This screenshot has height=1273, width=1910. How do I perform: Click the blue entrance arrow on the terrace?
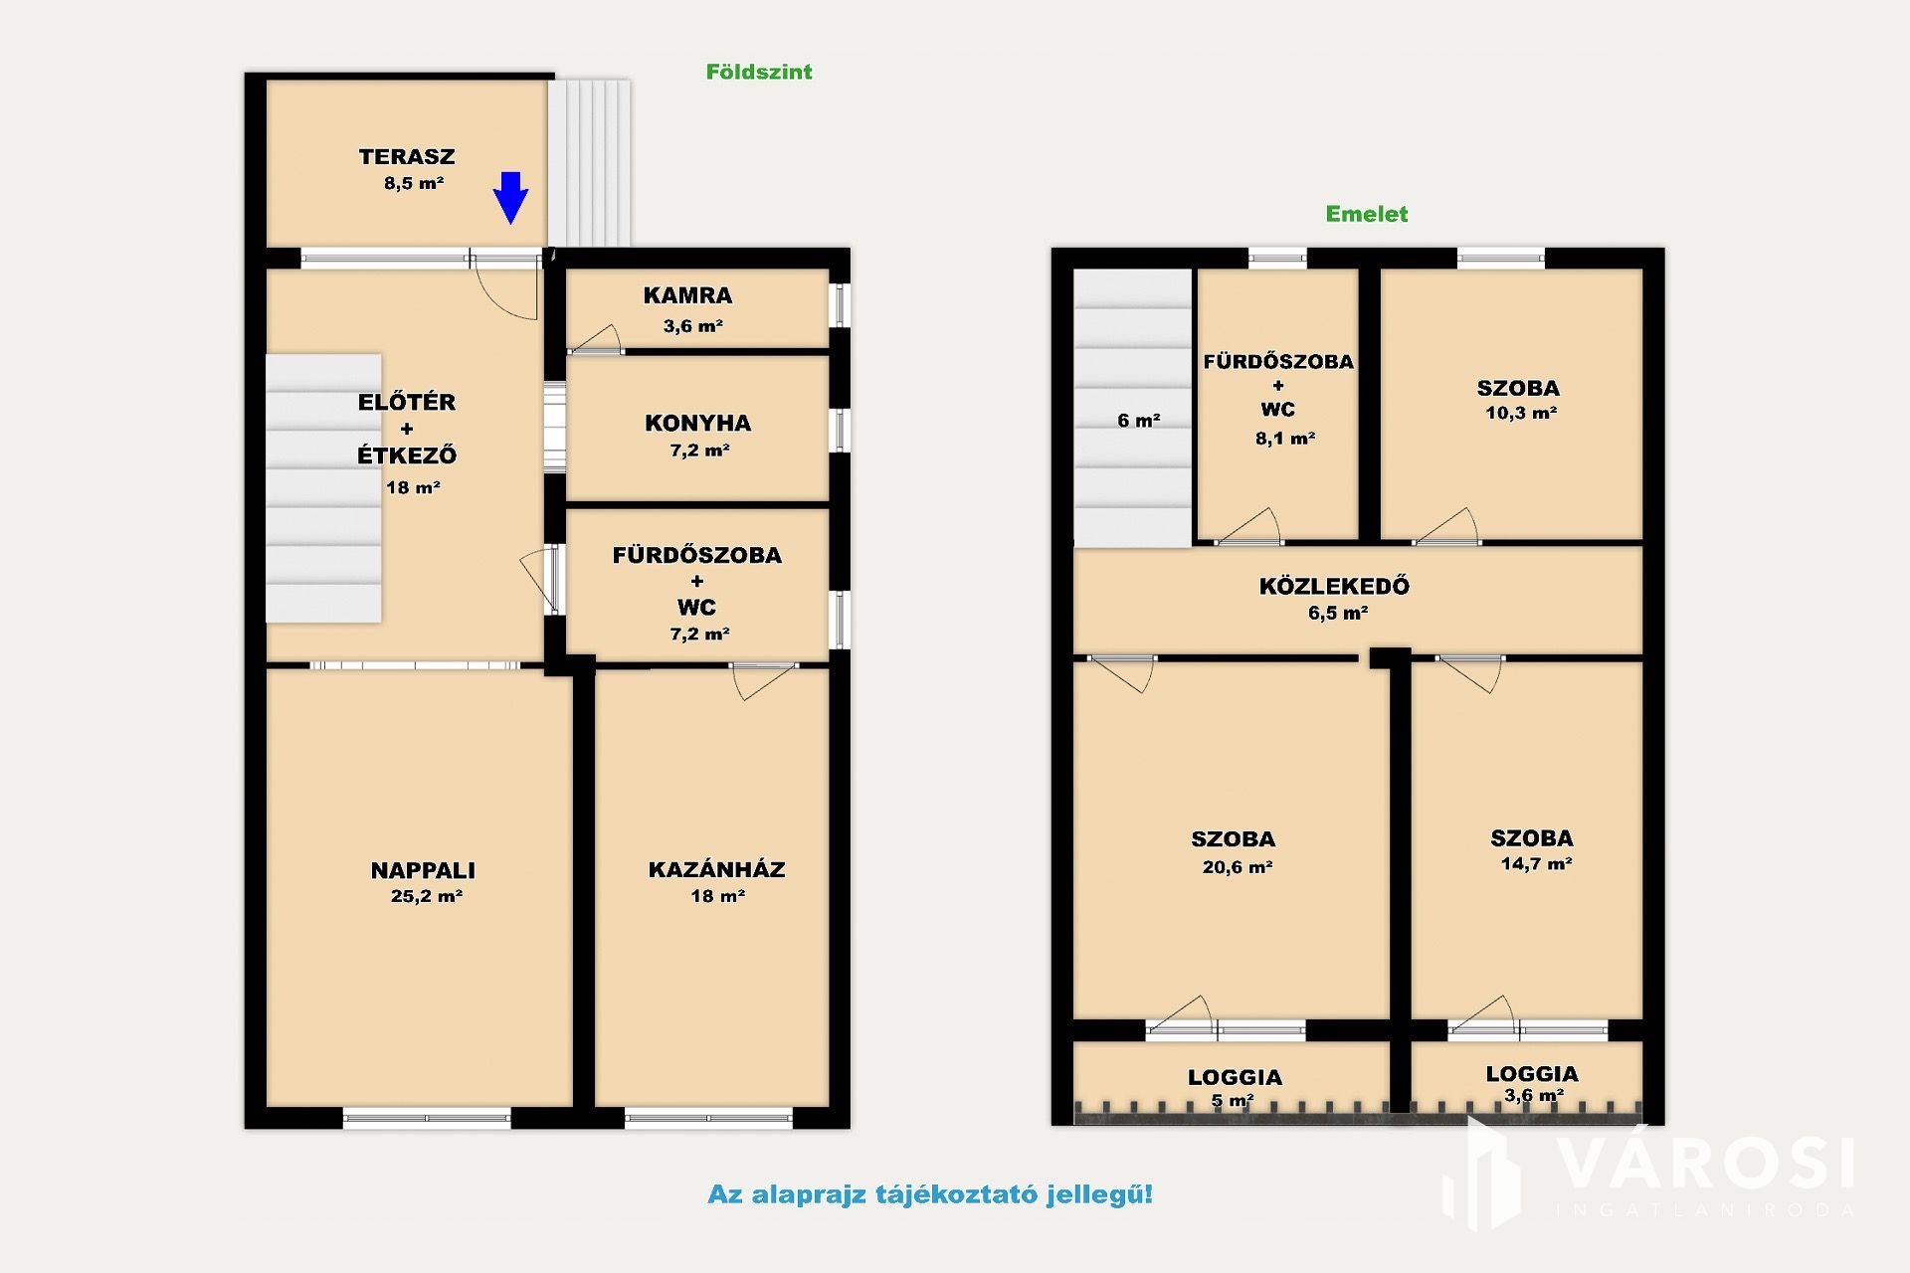[510, 198]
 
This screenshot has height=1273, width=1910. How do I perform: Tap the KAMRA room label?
[687, 295]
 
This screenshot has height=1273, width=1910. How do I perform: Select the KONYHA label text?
[698, 423]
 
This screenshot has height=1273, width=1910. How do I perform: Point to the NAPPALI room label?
[423, 870]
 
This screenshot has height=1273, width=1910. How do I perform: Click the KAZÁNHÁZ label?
[717, 869]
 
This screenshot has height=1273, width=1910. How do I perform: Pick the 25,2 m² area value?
[427, 896]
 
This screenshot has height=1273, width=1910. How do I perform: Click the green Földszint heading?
[759, 72]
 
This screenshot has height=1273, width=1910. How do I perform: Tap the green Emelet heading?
[1367, 214]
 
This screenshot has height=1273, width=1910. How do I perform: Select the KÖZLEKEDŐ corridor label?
[1334, 586]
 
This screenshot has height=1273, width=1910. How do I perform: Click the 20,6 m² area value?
[1238, 867]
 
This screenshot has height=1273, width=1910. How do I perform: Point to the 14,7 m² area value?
[1536, 864]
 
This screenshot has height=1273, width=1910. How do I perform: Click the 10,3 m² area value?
[1521, 413]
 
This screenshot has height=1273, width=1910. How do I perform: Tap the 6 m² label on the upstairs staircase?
[1139, 421]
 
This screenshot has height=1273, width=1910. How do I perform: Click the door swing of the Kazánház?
[762, 681]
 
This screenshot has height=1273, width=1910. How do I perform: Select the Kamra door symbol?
[595, 339]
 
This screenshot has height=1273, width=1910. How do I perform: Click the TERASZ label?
[407, 156]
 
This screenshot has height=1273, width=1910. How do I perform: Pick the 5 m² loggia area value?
[1233, 1101]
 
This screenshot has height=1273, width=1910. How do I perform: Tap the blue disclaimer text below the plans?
[930, 1194]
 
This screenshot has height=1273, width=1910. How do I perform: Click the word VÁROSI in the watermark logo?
[1705, 1164]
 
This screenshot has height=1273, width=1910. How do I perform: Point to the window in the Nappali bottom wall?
[427, 1119]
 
